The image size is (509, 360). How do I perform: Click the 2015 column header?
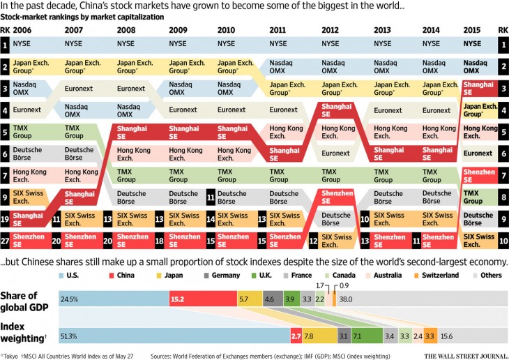pos(472,31)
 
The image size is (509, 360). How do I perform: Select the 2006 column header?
pos(22,31)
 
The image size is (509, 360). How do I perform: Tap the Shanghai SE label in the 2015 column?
pos(478,89)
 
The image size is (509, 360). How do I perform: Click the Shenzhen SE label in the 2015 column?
pos(478,175)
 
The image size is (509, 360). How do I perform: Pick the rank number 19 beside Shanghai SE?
pos(5,219)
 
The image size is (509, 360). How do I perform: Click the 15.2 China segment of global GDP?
pos(178,299)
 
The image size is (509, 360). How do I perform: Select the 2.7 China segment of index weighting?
pos(296,336)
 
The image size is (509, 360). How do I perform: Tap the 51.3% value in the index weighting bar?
pos(69,336)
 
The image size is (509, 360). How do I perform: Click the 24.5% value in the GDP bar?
pos(69,299)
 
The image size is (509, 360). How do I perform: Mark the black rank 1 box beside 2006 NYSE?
pos(5,45)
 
